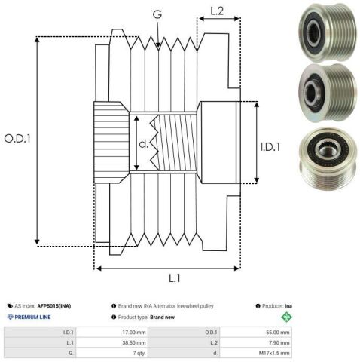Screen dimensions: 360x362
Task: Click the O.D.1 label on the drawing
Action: tap(17, 139)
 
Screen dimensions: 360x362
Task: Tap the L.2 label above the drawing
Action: tap(217, 11)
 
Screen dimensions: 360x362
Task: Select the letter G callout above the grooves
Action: tap(157, 14)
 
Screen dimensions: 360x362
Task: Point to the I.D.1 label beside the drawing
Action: tap(270, 147)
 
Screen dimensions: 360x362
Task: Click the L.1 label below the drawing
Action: tap(175, 278)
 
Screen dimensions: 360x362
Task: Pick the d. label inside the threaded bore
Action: tap(144, 144)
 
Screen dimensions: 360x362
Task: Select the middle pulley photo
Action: tap(328, 93)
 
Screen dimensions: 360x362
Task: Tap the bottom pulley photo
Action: tap(328, 159)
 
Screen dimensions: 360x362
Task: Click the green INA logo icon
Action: tap(286, 317)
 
